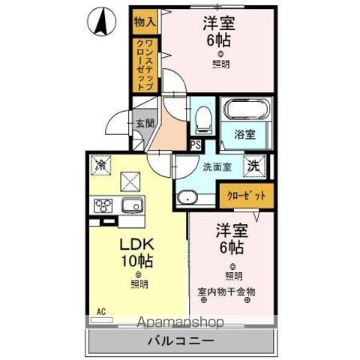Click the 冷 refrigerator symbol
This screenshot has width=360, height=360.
(101, 163)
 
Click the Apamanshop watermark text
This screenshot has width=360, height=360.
(180, 323)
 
